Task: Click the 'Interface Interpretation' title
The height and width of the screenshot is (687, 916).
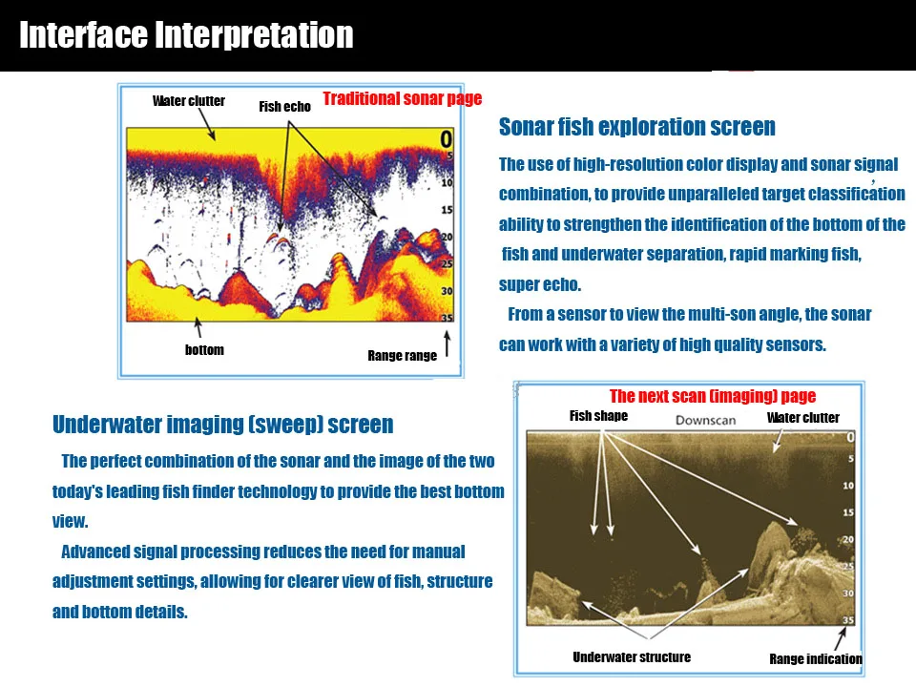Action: (186, 35)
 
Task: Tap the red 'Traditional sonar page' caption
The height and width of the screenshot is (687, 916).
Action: (403, 98)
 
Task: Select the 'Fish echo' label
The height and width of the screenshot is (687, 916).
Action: (285, 106)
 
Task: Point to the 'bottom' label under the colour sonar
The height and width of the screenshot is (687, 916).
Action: (204, 350)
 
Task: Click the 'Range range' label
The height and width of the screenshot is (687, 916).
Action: (403, 356)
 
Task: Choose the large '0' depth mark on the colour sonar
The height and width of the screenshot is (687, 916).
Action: (447, 139)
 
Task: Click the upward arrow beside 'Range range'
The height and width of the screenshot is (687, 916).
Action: (448, 343)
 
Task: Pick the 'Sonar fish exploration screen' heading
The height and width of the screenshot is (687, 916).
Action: (637, 127)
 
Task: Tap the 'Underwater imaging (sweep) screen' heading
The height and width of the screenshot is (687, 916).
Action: (223, 425)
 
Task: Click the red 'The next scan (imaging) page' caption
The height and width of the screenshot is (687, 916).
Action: (713, 396)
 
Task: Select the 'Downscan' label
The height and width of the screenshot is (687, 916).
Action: (706, 420)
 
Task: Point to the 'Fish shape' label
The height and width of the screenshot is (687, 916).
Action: (599, 416)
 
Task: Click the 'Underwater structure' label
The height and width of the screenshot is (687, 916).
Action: (632, 657)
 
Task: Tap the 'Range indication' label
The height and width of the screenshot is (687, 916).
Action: (816, 659)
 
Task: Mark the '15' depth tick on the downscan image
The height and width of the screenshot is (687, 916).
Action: (848, 512)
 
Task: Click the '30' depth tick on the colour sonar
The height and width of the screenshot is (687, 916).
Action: (447, 291)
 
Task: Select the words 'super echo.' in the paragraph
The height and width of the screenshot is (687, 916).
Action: (540, 285)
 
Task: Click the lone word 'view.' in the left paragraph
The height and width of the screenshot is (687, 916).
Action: (70, 521)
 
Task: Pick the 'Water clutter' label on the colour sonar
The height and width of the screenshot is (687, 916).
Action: (189, 101)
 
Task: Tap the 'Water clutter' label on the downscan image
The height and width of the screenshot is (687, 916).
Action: (803, 418)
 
